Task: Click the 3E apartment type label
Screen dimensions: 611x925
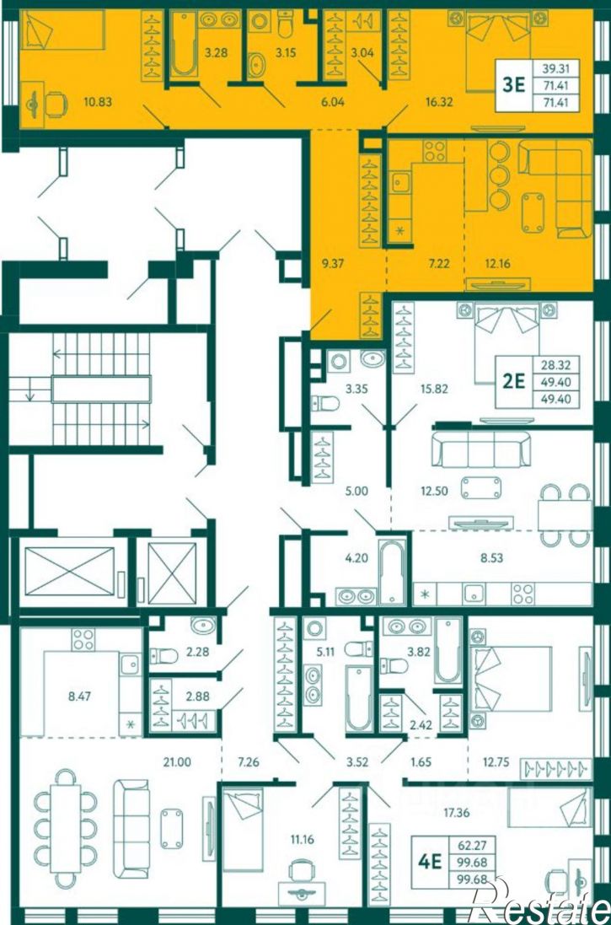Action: click(513, 85)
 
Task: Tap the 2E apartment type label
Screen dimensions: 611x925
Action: click(513, 382)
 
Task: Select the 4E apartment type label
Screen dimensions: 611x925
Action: click(430, 862)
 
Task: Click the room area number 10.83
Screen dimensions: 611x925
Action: click(94, 102)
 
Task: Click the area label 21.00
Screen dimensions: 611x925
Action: click(177, 762)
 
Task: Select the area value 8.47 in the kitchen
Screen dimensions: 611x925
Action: click(80, 696)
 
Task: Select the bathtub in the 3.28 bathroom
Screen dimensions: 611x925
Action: click(185, 44)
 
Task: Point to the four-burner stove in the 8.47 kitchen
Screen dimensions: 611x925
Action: click(83, 639)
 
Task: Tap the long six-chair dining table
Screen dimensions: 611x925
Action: click(66, 828)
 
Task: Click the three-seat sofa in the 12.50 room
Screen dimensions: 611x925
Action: click(480, 449)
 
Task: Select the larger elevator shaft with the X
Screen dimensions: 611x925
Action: click(70, 571)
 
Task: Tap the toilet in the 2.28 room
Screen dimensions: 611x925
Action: click(164, 655)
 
